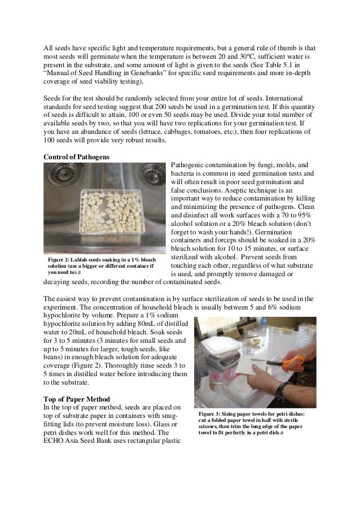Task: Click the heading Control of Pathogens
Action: [76, 156]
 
